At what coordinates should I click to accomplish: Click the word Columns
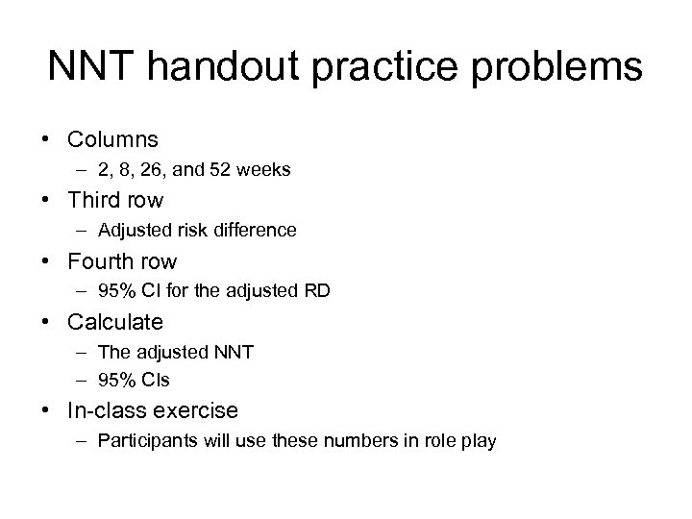tap(111, 140)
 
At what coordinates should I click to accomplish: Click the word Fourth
tap(95, 260)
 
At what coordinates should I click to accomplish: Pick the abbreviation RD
tap(317, 291)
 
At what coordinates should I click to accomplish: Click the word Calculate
tap(115, 321)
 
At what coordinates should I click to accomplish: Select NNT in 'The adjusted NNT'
tap(235, 352)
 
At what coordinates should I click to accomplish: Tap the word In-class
tap(103, 410)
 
